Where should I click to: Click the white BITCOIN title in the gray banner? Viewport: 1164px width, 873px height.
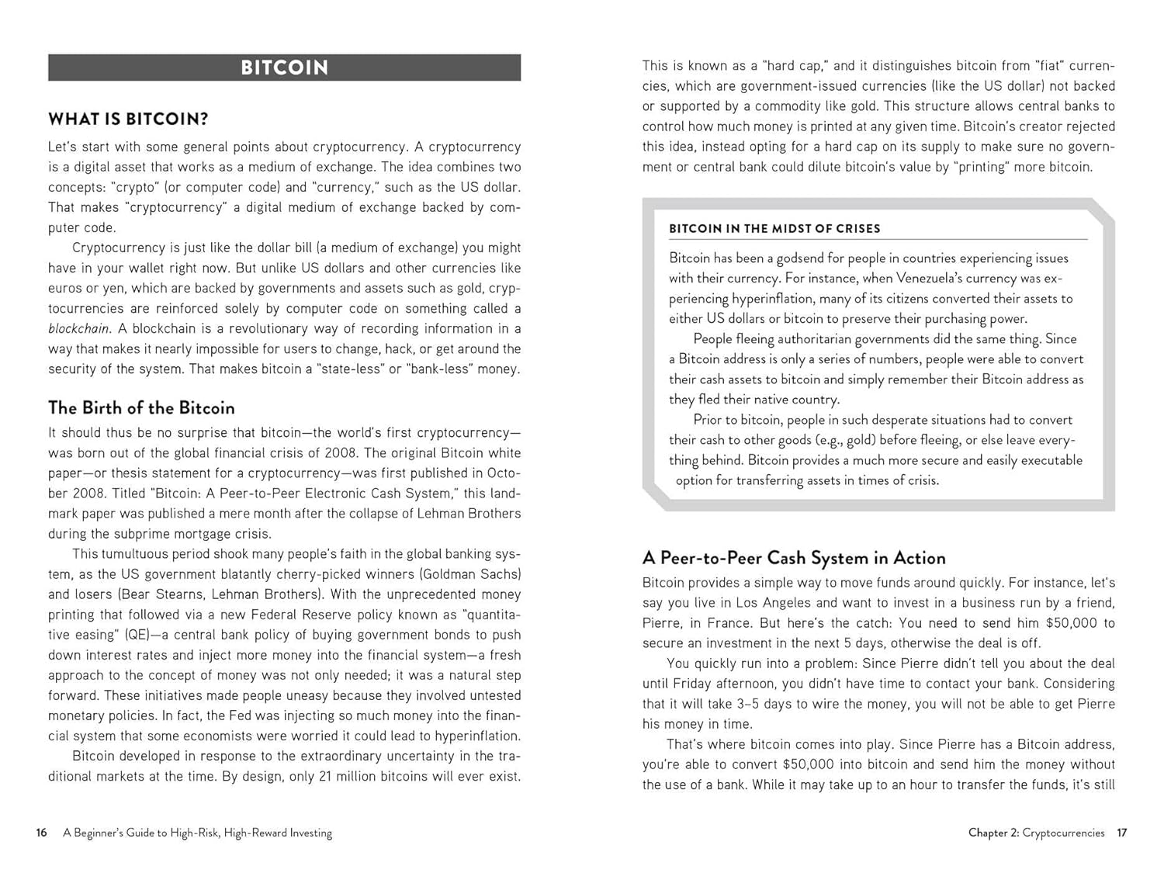pos(284,68)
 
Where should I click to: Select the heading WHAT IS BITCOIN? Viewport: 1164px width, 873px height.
pos(128,119)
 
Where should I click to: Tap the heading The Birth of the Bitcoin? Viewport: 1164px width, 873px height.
pos(141,407)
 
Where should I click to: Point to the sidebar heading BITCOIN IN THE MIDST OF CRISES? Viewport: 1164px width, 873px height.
pos(774,229)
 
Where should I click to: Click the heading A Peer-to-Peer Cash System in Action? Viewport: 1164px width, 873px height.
pos(794,558)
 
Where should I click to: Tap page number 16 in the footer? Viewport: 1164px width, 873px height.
pos(41,833)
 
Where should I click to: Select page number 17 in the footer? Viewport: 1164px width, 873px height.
pos(1121,833)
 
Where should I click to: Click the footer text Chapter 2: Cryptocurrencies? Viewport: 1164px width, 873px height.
pos(1036,833)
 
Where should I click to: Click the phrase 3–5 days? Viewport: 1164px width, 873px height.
pos(760,703)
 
